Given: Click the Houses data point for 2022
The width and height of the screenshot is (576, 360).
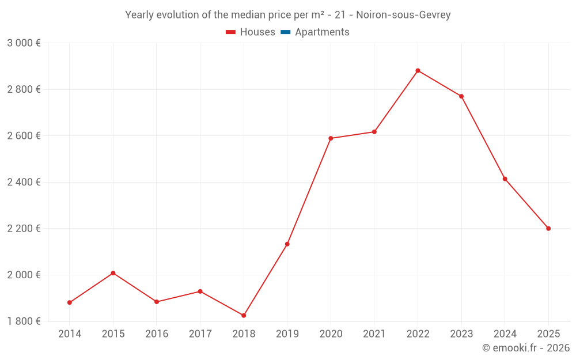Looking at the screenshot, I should point(418,71).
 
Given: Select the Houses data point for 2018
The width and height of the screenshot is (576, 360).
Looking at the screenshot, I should point(244,316).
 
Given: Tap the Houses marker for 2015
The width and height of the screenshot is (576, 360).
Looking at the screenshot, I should point(113,273).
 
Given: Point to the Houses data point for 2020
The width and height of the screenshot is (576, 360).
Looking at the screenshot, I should point(331,138).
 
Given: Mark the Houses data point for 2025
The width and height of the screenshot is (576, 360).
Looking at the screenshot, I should point(548,229).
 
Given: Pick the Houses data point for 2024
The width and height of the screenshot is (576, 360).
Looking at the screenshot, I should point(505,179).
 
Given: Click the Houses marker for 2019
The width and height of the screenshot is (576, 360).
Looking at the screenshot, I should point(287,244).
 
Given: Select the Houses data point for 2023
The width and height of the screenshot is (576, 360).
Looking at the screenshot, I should point(461,96).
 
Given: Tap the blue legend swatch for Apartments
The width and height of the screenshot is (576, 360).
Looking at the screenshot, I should point(285,32).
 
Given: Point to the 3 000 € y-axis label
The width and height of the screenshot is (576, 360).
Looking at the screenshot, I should point(24,43).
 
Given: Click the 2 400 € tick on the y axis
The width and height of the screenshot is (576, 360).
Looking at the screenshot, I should point(24,182).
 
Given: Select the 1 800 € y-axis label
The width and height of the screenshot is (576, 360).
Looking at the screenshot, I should point(24,321).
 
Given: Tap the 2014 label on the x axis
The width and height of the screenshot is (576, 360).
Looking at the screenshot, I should point(70,334).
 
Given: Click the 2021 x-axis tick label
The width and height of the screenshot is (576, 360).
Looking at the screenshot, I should point(374,334).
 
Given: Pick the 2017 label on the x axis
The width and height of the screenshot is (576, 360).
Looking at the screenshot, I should point(200,334).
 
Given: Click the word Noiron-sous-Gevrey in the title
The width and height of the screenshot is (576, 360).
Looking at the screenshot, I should point(403,15).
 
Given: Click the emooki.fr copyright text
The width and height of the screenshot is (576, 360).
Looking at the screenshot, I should point(525,348).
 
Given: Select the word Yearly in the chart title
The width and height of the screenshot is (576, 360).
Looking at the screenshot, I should point(140,15).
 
